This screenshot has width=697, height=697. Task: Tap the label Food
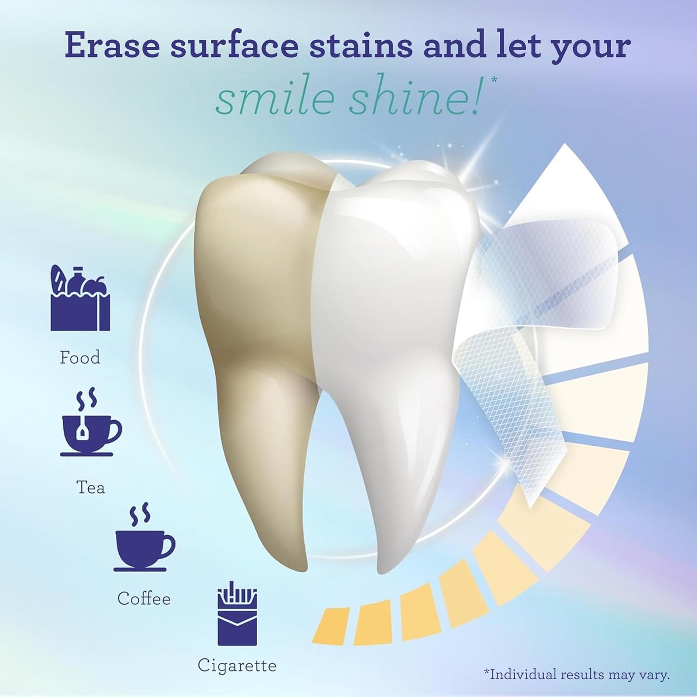pyautogui.click(x=80, y=357)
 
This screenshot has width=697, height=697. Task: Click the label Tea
pyautogui.click(x=91, y=487)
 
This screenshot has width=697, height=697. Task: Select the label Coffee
pyautogui.click(x=144, y=599)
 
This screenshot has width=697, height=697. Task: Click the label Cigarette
pyautogui.click(x=237, y=666)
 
